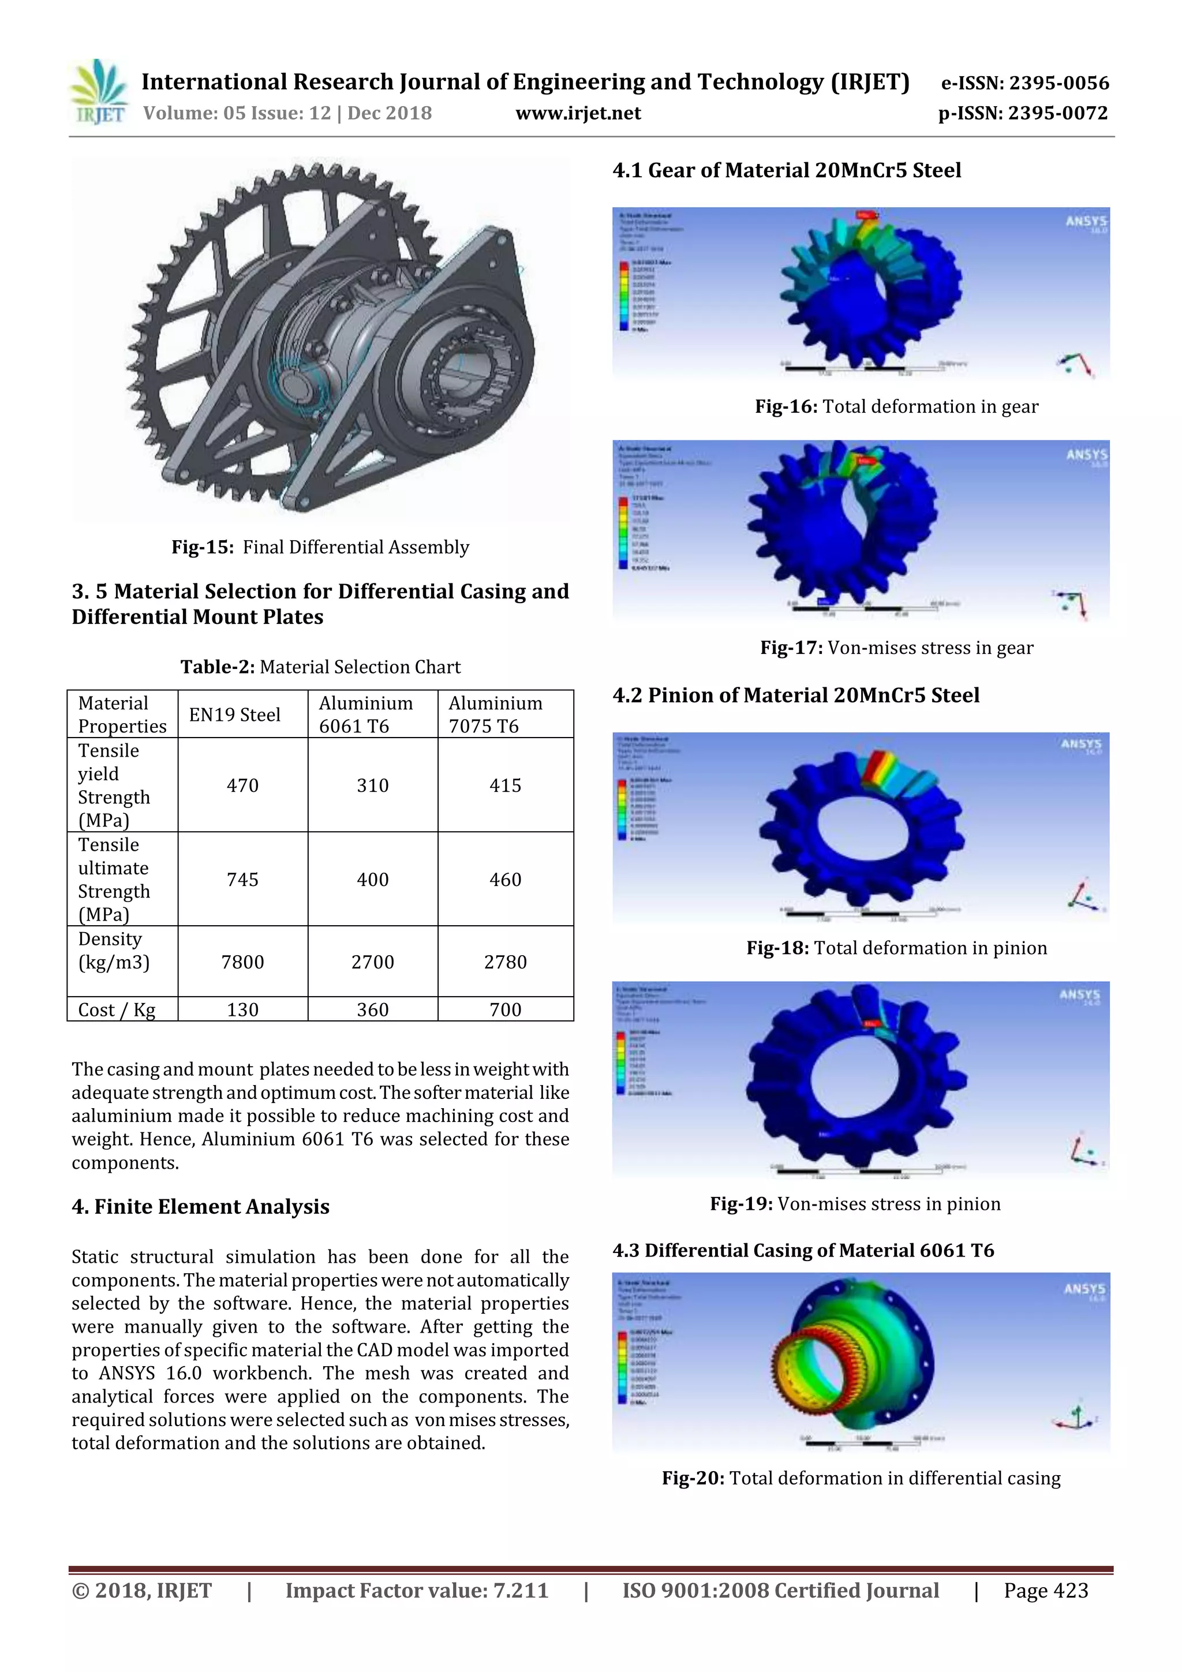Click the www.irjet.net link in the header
tap(578, 114)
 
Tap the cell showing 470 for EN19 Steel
tap(242, 785)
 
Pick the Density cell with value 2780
tap(506, 962)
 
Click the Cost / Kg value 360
tap(372, 1009)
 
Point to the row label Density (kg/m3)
tap(114, 951)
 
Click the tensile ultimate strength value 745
tap(242, 880)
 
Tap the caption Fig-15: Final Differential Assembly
tap(320, 547)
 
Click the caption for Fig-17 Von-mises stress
tap(896, 648)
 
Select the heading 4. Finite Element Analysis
tap(200, 1207)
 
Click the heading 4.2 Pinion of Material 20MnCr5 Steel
tap(795, 695)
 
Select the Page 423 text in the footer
tap(1046, 1591)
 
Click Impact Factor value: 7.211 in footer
tap(417, 1591)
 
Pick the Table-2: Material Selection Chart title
tap(320, 667)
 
